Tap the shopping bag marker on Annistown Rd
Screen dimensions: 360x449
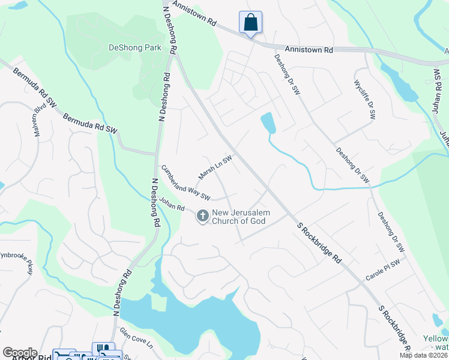click(250, 23)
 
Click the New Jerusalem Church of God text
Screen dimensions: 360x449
click(241, 217)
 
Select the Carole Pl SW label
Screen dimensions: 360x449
click(383, 270)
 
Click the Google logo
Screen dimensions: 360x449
click(20, 353)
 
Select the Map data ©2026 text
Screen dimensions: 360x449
click(424, 355)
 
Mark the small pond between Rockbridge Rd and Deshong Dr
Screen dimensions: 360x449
click(268, 123)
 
